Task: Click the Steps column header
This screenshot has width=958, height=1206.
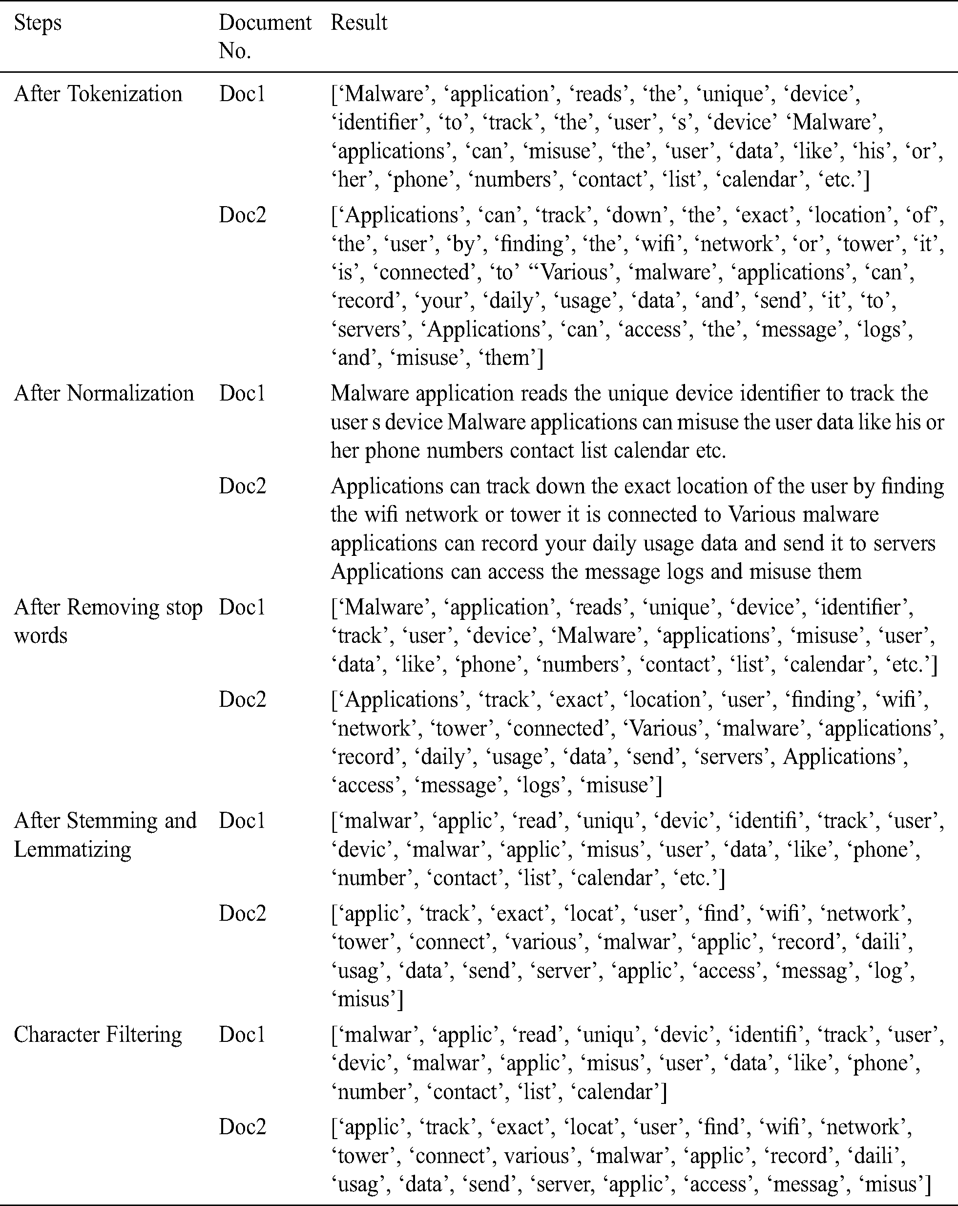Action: coord(38,23)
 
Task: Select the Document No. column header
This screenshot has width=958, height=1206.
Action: coord(265,36)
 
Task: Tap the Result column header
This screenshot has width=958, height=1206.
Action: coord(358,23)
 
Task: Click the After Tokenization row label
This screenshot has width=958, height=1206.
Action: coord(98,94)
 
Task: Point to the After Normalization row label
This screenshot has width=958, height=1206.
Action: coord(104,393)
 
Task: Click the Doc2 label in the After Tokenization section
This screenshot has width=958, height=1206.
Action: coord(242,215)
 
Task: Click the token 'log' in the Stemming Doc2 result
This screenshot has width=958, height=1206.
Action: coord(893,971)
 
